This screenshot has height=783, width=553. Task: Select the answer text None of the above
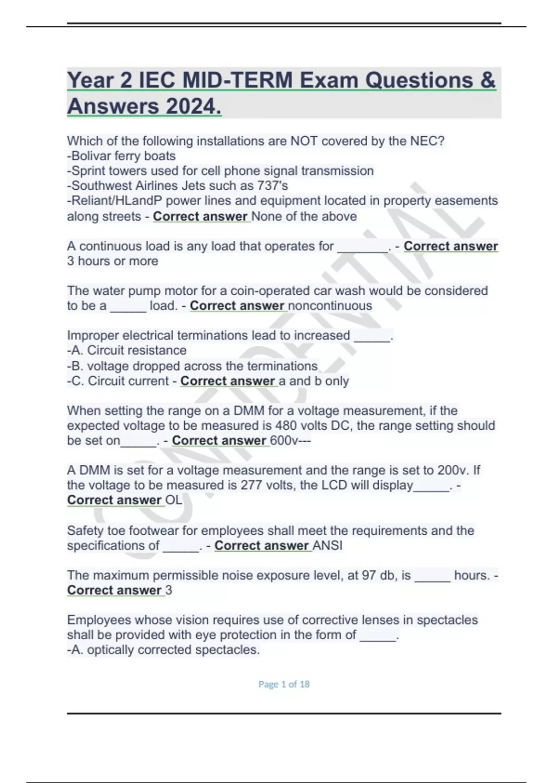tap(304, 216)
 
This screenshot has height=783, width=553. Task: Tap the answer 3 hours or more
tap(112, 261)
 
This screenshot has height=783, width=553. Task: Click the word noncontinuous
tap(330, 306)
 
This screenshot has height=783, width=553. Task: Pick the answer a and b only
tap(314, 381)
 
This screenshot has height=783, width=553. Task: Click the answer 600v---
tap(290, 441)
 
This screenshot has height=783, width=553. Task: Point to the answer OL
tap(174, 500)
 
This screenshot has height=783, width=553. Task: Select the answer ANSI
tap(328, 546)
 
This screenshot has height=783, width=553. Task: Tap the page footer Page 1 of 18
tap(284, 684)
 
